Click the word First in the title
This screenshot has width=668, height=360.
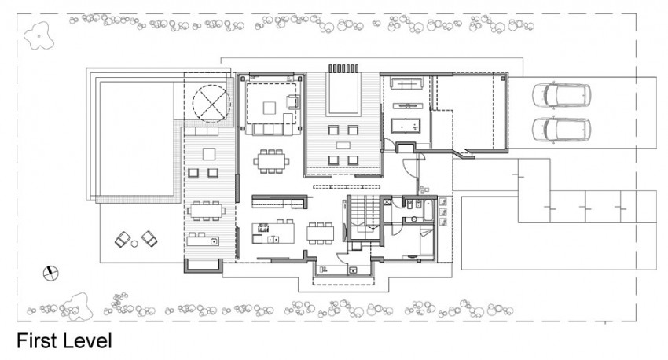point(37,341)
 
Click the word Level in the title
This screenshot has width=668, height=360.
point(88,341)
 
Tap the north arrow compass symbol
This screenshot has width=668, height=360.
point(51,274)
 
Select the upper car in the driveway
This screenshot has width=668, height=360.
point(561,94)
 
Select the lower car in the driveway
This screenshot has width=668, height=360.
point(561,130)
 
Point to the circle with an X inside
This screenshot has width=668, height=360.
point(211,104)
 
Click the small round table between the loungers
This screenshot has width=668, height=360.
point(134,244)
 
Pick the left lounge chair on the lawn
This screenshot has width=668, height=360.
point(123,240)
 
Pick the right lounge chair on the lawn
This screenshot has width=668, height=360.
point(149,239)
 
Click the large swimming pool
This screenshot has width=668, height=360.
point(136,138)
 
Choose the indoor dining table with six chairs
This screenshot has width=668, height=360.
point(271,161)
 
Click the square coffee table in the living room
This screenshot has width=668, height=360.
point(270,108)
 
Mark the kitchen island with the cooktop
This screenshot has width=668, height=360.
point(273,233)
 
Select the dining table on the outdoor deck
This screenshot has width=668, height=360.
point(206,211)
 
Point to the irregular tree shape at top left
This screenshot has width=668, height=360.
point(39,36)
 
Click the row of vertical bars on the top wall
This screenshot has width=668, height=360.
point(343,68)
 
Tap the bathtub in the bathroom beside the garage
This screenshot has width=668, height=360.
point(406,126)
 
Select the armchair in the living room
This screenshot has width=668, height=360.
point(293,102)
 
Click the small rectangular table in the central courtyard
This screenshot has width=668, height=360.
point(343,145)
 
